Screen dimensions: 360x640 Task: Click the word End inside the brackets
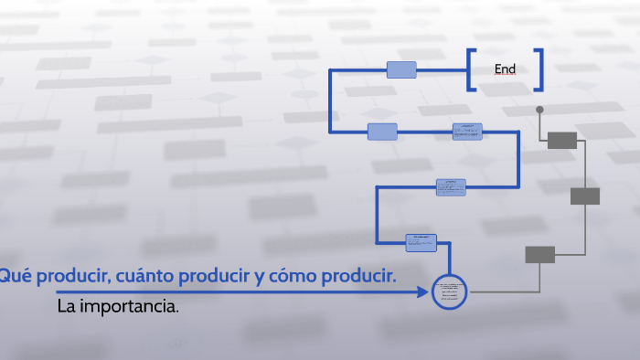tap(505, 69)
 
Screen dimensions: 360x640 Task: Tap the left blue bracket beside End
tap(470, 69)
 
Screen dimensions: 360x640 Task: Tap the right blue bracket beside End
tap(539, 69)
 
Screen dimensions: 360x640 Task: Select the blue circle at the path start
tap(449, 291)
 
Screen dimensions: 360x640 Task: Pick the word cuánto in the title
tap(139, 276)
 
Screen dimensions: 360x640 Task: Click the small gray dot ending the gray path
tap(539, 110)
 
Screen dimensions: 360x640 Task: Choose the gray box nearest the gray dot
tap(562, 140)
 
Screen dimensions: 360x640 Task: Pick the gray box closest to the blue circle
tap(539, 255)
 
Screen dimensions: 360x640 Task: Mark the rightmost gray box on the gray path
tap(585, 196)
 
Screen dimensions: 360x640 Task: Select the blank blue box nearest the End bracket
tap(401, 69)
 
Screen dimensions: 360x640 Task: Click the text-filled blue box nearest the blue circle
tap(421, 242)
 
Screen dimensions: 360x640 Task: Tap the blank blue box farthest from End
tap(382, 132)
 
